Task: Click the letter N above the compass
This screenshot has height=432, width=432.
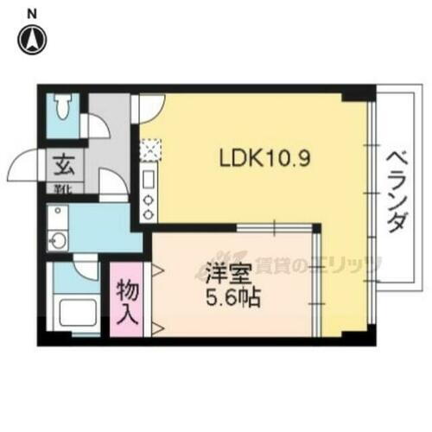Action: (32, 12)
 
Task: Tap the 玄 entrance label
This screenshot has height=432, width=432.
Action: (63, 162)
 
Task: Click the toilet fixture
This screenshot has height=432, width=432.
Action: (63, 108)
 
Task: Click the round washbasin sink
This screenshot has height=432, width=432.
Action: (59, 241)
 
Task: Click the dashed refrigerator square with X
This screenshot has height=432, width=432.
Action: (148, 149)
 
